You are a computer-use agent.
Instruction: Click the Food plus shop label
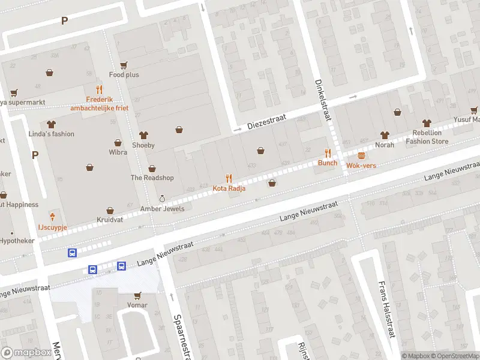tap(124, 75)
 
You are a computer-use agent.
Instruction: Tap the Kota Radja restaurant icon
tap(228, 178)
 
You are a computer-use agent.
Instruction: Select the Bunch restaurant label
tap(328, 163)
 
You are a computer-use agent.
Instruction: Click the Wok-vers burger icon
tap(361, 154)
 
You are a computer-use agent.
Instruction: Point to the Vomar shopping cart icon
tap(137, 295)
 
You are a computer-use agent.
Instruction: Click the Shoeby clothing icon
tap(143, 135)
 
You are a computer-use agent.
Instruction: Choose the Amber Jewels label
tap(162, 209)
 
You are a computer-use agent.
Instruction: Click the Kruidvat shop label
tap(110, 221)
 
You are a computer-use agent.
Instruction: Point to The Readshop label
tap(152, 178)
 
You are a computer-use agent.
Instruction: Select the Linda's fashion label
tap(52, 134)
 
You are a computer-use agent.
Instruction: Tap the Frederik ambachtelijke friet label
tap(95, 104)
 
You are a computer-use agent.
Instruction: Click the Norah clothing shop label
tap(385, 145)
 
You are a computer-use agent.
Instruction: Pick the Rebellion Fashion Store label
tap(427, 137)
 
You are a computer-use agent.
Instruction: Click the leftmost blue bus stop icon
tap(72, 253)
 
